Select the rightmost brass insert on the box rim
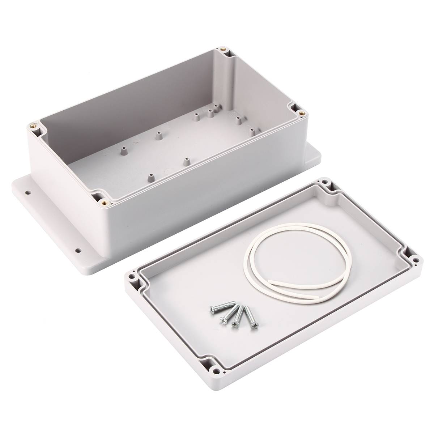coord(303,112)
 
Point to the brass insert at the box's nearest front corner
coord(105,201)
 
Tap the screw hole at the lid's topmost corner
coord(325,182)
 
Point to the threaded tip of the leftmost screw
coord(234,302)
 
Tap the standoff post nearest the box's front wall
coord(149,177)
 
